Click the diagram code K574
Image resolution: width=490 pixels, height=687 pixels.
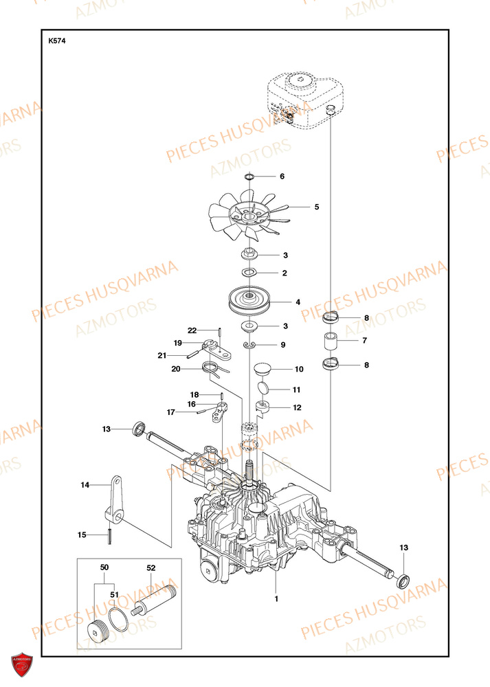coord(57,41)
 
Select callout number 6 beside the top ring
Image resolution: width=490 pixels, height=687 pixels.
coord(281,177)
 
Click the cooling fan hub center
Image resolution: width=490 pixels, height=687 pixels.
coord(248,217)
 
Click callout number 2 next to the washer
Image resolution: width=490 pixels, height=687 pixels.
coord(285,273)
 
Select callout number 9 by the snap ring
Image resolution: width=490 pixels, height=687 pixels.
coord(282,344)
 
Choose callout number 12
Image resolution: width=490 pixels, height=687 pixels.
coord(296,407)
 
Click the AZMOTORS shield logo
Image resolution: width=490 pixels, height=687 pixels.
coord(22,666)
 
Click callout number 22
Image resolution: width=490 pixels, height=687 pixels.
coord(192,330)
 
